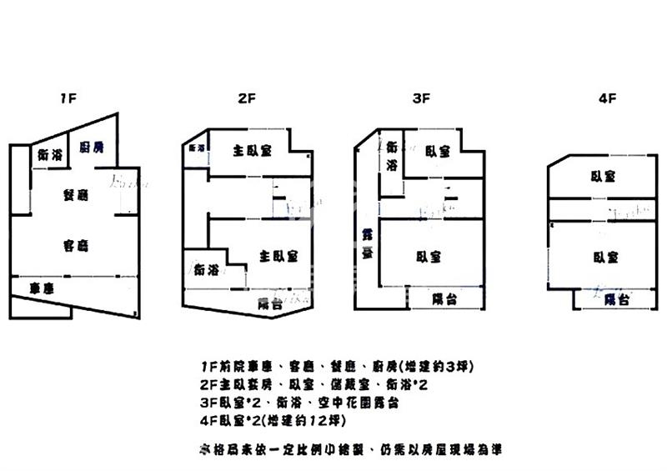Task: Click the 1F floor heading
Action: pyautogui.click(x=68, y=98)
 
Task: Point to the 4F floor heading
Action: pyautogui.click(x=606, y=98)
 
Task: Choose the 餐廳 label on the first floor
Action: pyautogui.click(x=76, y=195)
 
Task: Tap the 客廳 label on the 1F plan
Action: pyautogui.click(x=76, y=245)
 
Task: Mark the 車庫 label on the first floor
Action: pyautogui.click(x=43, y=288)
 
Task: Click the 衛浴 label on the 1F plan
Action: pyautogui.click(x=51, y=155)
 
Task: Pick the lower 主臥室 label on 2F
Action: pyautogui.click(x=278, y=256)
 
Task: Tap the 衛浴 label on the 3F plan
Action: pyautogui.click(x=392, y=156)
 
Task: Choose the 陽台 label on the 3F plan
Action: pyautogui.click(x=444, y=298)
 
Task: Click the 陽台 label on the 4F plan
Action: pyautogui.click(x=615, y=299)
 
